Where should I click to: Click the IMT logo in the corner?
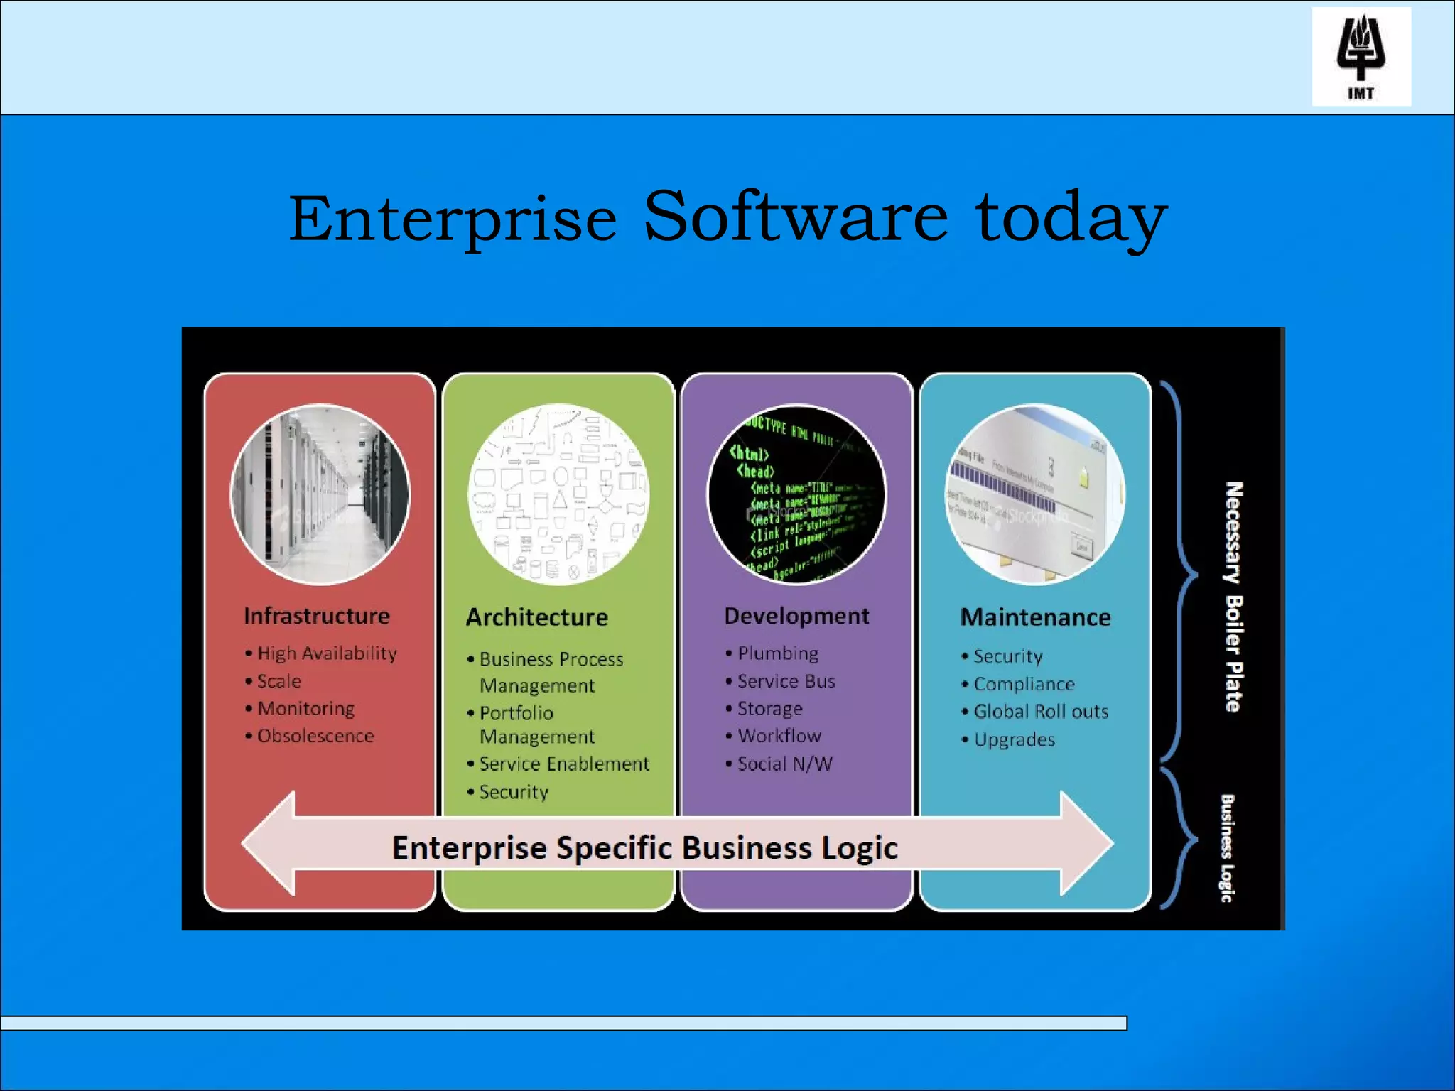[1361, 57]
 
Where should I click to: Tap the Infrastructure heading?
[317, 616]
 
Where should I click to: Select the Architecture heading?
[537, 617]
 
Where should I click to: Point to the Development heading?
[796, 616]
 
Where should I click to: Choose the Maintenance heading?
[1035, 617]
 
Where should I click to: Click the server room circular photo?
[320, 494]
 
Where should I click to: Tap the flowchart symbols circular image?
[558, 494]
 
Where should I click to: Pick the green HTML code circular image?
[796, 494]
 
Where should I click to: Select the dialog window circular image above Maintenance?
[1035, 494]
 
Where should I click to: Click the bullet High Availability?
[327, 653]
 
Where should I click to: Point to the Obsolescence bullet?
[315, 736]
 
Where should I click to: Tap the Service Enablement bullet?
[564, 764]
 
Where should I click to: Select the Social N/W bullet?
[784, 764]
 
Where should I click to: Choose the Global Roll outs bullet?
[1041, 712]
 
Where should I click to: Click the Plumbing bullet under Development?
[778, 653]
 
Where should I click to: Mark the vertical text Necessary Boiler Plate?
[1234, 597]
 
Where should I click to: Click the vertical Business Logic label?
[1227, 848]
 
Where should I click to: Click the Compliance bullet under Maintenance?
[1024, 684]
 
